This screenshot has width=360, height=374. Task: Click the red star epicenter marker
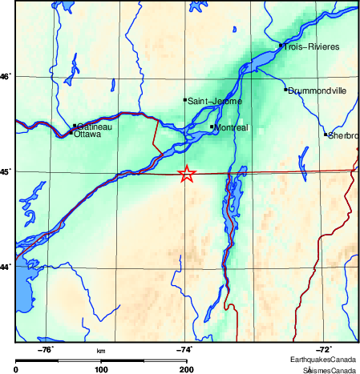coord(186,174)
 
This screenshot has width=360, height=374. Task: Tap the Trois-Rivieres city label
coord(311,47)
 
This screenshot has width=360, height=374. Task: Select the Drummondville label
coord(318,90)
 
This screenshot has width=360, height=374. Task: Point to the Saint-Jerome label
coord(211,101)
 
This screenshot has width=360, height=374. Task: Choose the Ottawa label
coord(87,135)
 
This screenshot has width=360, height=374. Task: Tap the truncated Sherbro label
coord(343,135)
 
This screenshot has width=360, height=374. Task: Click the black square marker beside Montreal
coord(212,127)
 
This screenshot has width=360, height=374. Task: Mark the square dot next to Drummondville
coord(285,89)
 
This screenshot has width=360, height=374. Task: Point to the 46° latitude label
coord(6,77)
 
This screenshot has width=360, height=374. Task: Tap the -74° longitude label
coord(183,349)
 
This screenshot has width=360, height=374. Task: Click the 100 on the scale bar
coord(101,369)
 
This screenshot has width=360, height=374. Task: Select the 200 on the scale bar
coord(186,369)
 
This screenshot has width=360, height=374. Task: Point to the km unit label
coord(101,351)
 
